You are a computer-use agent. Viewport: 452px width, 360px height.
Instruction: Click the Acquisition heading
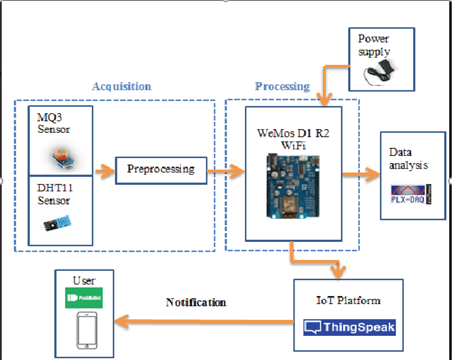(x=121, y=86)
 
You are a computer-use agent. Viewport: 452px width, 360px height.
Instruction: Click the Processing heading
(x=282, y=86)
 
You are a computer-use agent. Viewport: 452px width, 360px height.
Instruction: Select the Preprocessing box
(x=161, y=169)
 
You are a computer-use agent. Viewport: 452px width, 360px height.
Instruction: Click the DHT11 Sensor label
(x=54, y=194)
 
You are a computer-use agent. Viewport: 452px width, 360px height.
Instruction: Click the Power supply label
(x=374, y=45)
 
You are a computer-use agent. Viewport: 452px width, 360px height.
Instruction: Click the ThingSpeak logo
(x=349, y=327)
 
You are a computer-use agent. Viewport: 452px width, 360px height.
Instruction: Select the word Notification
(x=196, y=303)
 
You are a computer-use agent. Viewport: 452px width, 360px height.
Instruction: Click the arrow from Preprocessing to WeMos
(x=225, y=173)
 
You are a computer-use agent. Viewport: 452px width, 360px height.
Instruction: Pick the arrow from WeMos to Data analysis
(x=361, y=174)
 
